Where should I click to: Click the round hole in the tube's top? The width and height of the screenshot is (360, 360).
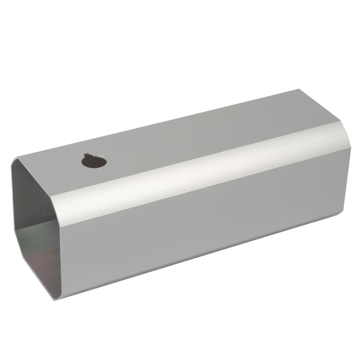point(94,161)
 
